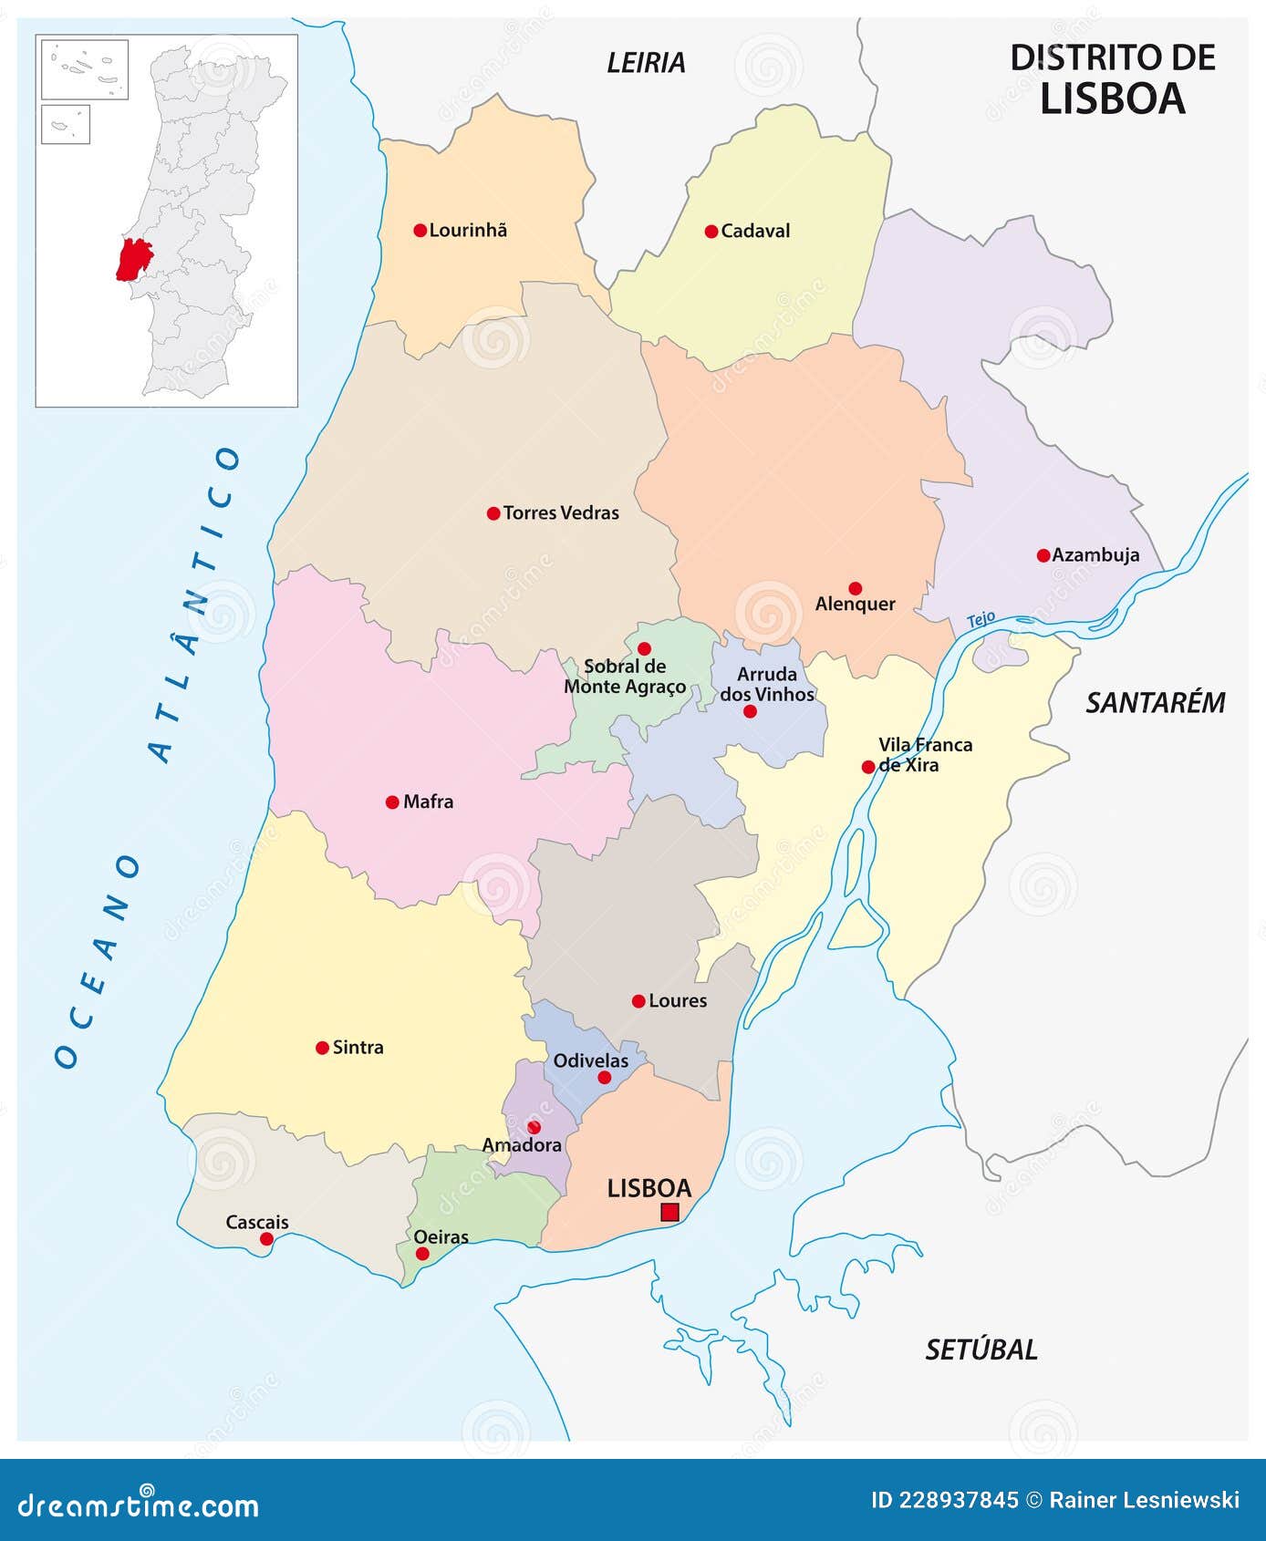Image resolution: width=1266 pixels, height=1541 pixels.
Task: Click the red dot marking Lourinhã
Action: click(420, 231)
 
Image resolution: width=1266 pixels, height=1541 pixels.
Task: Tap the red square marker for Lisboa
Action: click(669, 1212)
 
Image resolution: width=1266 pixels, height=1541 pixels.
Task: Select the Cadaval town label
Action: click(755, 232)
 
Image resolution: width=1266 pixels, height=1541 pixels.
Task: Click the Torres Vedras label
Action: click(561, 513)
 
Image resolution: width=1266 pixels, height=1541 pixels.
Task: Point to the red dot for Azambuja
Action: click(1043, 555)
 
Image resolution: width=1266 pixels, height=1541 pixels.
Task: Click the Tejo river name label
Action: click(981, 619)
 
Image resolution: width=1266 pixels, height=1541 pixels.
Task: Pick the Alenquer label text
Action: click(856, 605)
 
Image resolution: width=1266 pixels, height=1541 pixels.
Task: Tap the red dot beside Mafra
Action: click(392, 802)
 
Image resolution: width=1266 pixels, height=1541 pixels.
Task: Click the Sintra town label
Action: click(358, 1048)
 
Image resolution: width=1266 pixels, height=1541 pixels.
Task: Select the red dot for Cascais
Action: click(266, 1239)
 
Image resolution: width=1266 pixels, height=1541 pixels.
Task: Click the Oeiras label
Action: click(441, 1237)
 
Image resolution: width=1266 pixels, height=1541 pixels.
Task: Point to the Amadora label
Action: click(522, 1145)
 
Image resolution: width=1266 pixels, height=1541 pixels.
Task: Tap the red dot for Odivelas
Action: click(604, 1078)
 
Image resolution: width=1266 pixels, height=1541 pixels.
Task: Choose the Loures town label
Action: click(677, 1001)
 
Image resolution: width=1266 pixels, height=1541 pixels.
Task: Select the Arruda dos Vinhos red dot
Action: click(750, 711)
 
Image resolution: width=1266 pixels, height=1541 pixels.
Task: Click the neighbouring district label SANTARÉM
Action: click(1155, 703)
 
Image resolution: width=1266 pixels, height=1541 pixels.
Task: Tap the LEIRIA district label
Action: click(646, 63)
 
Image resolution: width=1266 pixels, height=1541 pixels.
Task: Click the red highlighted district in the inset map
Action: click(135, 259)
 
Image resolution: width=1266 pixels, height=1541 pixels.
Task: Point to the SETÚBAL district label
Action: click(981, 1350)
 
